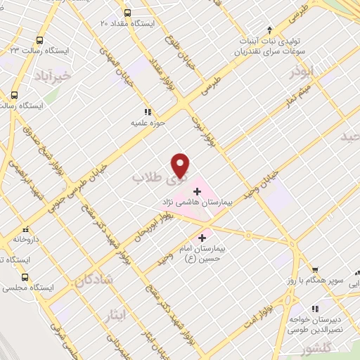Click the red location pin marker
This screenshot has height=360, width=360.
click(x=181, y=165)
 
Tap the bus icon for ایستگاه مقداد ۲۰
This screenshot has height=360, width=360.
click(x=127, y=13)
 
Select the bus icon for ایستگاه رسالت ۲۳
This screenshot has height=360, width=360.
click(x=39, y=40)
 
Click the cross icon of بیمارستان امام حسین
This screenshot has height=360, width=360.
click(x=204, y=238)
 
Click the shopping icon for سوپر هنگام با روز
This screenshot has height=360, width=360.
click(x=314, y=269)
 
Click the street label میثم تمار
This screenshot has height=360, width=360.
click(x=303, y=90)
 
